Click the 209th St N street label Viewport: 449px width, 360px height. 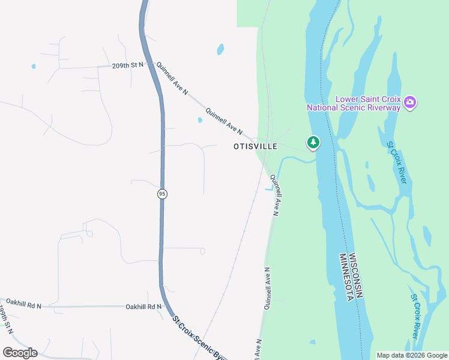point(128,65)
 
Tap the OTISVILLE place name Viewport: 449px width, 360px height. point(256,146)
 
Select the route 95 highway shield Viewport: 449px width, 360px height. point(162,194)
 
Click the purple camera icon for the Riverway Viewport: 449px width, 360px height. point(410,103)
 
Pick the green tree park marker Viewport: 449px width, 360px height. point(313,143)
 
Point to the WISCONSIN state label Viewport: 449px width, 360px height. point(356,273)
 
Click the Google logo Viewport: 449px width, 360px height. point(20,353)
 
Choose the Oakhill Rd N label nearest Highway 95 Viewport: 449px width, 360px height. point(143,307)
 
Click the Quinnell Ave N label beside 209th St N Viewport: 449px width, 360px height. point(172,79)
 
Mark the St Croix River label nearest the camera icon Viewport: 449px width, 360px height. point(397,162)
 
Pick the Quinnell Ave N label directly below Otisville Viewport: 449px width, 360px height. point(275,194)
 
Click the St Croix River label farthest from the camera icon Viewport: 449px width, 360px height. point(415,316)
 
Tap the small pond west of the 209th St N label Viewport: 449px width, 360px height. point(34,66)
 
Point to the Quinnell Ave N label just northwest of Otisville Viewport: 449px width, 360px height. point(223,121)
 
